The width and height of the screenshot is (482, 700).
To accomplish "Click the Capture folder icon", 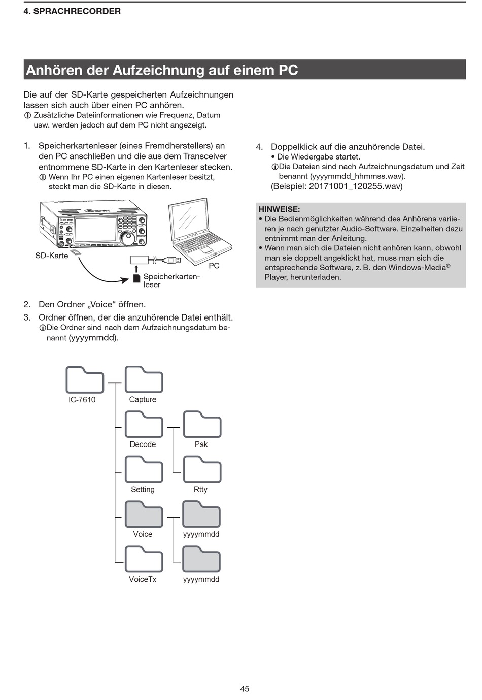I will [x=144, y=379].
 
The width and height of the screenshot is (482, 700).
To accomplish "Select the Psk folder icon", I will [x=201, y=425].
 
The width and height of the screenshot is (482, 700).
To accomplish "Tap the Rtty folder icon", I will [x=201, y=469].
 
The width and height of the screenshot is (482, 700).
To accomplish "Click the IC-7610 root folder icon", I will [x=84, y=379].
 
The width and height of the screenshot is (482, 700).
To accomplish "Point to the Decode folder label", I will [x=143, y=444].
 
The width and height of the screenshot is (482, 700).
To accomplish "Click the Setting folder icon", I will [x=144, y=469].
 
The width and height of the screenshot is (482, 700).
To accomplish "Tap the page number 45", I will [x=245, y=689].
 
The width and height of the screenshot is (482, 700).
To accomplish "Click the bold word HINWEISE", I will [x=279, y=209].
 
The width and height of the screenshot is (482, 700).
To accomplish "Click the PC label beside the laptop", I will [x=214, y=266].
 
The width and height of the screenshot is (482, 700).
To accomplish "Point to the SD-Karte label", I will [x=51, y=256].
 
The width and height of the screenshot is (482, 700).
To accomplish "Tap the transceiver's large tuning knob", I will [x=127, y=237].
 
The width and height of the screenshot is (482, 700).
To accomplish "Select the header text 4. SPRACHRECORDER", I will [x=72, y=11].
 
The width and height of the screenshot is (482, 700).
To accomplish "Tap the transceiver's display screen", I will [x=95, y=230].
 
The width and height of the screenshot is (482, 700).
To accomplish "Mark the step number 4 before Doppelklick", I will [x=259, y=147].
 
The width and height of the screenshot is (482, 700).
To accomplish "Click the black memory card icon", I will [x=136, y=278].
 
